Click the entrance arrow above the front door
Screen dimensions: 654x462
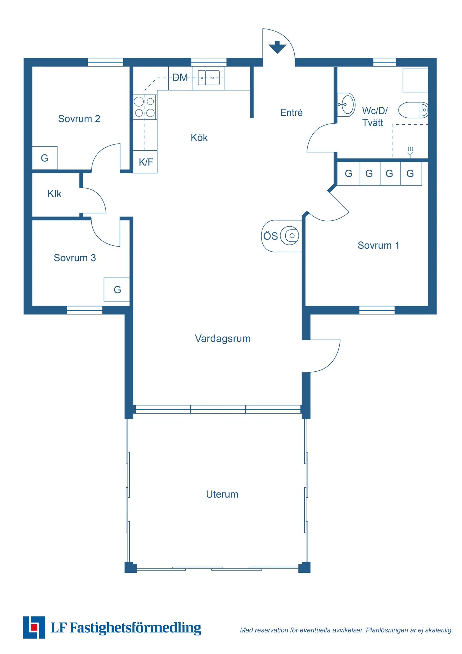pyautogui.click(x=277, y=47)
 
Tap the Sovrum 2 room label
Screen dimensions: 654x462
pyautogui.click(x=79, y=119)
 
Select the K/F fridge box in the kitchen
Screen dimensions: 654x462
pyautogui.click(x=145, y=162)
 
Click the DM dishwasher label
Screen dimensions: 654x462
pyautogui.click(x=180, y=78)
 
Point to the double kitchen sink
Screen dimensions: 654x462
pyautogui.click(x=209, y=78)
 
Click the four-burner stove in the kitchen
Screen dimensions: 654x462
pyautogui.click(x=145, y=107)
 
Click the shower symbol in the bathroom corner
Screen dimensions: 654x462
pyautogui.click(x=410, y=152)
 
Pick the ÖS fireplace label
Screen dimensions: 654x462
pyautogui.click(x=270, y=236)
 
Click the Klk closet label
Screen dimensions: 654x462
pyautogui.click(x=54, y=194)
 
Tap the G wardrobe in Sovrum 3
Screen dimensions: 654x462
pyautogui.click(x=117, y=290)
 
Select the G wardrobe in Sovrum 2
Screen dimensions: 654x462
pyautogui.click(x=45, y=158)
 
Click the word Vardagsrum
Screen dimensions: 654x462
pyautogui.click(x=223, y=339)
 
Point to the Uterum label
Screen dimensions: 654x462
pyautogui.click(x=222, y=494)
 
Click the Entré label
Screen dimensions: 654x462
pyautogui.click(x=291, y=113)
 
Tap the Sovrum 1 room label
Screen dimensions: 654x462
pyautogui.click(x=378, y=245)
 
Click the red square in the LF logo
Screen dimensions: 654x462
pyautogui.click(x=34, y=627)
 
